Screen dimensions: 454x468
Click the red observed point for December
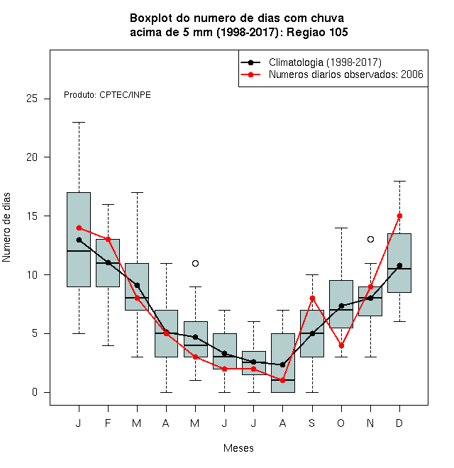(x=399, y=216)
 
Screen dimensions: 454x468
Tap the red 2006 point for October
(x=341, y=345)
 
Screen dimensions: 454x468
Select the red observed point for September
(x=312, y=298)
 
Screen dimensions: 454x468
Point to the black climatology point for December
(x=399, y=265)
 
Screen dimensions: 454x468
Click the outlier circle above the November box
(x=371, y=240)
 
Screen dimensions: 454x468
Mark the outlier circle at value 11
(x=195, y=263)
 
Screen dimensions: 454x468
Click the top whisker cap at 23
(x=79, y=122)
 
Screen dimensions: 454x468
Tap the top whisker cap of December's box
(x=399, y=181)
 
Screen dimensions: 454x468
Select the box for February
(x=108, y=263)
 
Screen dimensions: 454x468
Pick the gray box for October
(x=341, y=303)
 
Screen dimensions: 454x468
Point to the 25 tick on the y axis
(x=46, y=99)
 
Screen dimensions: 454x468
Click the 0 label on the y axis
(x=35, y=392)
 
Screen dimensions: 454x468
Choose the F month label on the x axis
(x=108, y=423)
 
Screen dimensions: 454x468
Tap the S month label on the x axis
(x=312, y=423)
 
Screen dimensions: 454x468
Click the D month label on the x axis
(x=399, y=423)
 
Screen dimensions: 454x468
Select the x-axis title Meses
(x=238, y=448)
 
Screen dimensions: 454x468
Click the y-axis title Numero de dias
(x=6, y=228)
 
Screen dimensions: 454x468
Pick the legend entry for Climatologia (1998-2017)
(x=311, y=62)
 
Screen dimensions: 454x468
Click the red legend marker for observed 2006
(x=250, y=74)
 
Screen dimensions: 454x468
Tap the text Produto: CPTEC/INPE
(x=107, y=95)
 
